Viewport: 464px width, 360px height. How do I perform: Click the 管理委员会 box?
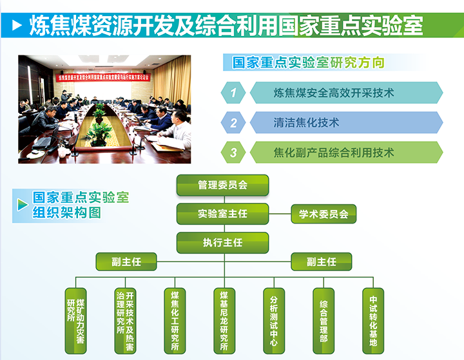(x=222, y=185)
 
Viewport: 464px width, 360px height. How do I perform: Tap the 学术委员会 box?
(x=324, y=214)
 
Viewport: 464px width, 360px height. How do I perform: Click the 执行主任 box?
(x=222, y=243)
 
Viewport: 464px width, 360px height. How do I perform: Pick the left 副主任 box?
(x=127, y=261)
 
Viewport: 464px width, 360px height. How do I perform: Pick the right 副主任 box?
(x=322, y=261)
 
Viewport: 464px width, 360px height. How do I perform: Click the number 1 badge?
(x=234, y=93)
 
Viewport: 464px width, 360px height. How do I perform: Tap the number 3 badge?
(x=234, y=153)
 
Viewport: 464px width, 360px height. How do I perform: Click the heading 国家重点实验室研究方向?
(x=308, y=62)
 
